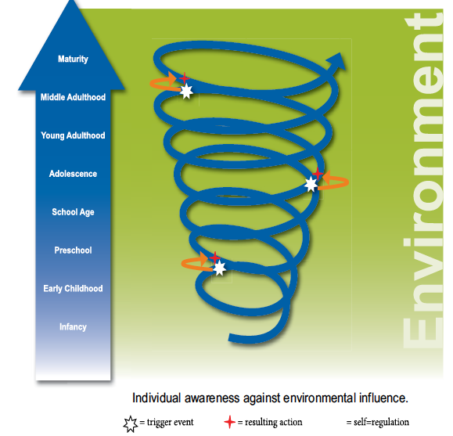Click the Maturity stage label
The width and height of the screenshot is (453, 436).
pos(73,59)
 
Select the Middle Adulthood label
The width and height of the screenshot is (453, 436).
pos(73,97)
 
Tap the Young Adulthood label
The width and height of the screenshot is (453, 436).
pos(73,135)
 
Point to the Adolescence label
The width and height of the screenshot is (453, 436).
pos(73,174)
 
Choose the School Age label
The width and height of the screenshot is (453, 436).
pos(73,212)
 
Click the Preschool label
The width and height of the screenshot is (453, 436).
pos(73,250)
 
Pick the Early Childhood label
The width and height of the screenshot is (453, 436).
pos(73,289)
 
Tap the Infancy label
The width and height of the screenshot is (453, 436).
pos(73,327)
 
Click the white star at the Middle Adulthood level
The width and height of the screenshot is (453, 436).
pos(187,92)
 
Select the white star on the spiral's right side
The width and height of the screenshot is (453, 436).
pos(311,184)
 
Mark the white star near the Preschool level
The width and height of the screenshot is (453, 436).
pos(220,268)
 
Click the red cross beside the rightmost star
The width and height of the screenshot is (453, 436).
pos(318,174)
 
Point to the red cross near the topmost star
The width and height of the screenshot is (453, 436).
pos(184,78)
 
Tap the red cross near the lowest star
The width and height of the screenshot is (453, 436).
pos(214,258)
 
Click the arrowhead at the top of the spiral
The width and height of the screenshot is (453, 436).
pos(337,61)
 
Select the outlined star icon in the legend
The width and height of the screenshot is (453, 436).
pos(131,423)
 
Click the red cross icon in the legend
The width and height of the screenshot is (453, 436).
pos(230,422)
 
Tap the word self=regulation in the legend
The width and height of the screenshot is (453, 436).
pos(381,423)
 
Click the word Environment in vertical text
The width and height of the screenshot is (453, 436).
pos(423,180)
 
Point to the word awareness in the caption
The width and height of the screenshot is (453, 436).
pos(212,398)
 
